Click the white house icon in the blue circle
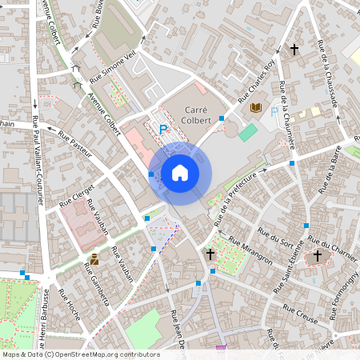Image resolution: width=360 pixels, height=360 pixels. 179,173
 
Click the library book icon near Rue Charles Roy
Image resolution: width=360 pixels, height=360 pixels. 256,107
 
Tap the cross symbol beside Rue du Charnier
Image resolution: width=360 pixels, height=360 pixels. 317,256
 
